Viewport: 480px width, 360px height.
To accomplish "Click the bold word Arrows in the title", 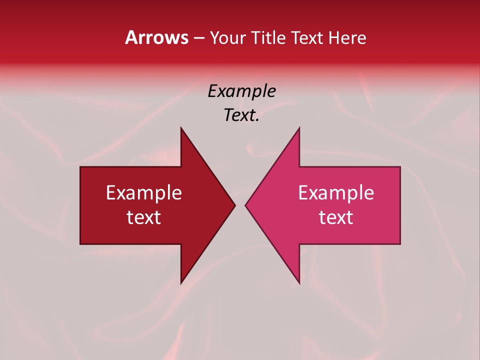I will pyautogui.click(x=156, y=37).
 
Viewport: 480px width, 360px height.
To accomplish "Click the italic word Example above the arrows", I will pyautogui.click(x=241, y=91).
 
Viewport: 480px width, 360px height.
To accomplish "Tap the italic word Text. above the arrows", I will pyautogui.click(x=241, y=115).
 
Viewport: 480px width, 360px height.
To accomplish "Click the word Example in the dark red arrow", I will pyautogui.click(x=144, y=193).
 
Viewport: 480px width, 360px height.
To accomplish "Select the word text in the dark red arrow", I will pyautogui.click(x=144, y=217).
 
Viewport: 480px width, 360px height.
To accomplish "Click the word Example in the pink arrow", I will pyautogui.click(x=336, y=193).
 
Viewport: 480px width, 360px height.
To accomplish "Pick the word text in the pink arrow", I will pyautogui.click(x=336, y=217).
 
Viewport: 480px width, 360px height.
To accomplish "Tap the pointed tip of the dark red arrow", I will pyautogui.click(x=235, y=205).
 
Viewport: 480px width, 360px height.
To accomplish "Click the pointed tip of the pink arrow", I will pyautogui.click(x=245, y=205).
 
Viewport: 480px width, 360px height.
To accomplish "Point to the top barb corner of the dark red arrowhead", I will pyautogui.click(x=181, y=127).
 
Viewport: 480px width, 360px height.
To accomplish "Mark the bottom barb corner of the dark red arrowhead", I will pyautogui.click(x=181, y=283).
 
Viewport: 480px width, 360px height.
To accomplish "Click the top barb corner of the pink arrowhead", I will pyautogui.click(x=299, y=127).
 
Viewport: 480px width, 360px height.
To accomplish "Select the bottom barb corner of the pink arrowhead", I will pyautogui.click(x=299, y=283).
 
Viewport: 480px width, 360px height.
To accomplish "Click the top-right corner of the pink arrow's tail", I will pyautogui.click(x=400, y=167).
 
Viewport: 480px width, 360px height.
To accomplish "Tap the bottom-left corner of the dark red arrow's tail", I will pyautogui.click(x=80, y=244).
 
